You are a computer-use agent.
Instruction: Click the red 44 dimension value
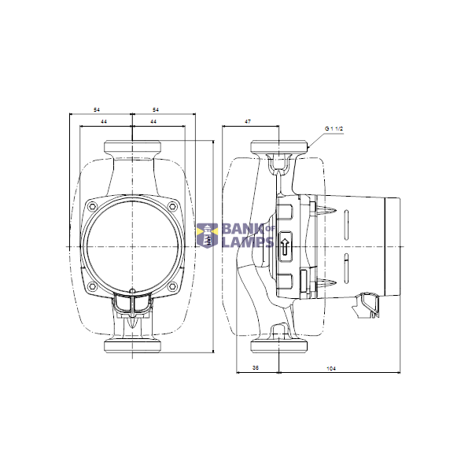(103, 122)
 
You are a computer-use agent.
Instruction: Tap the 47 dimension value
(247, 122)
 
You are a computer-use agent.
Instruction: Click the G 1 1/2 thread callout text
(334, 127)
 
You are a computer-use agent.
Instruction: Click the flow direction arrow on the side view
(285, 245)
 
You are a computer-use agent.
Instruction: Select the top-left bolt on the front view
(94, 207)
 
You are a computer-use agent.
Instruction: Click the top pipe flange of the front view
(133, 147)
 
